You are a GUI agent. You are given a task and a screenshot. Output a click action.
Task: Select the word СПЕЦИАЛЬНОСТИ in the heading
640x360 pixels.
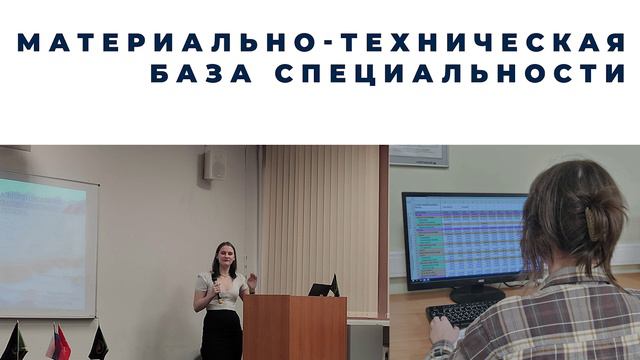450,74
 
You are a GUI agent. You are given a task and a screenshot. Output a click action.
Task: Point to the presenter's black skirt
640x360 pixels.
222,335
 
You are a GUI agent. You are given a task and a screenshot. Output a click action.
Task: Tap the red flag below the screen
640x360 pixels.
61,343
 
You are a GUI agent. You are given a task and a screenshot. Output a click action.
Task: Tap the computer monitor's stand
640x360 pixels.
469,293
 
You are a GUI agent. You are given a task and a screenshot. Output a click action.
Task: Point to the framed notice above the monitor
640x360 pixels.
418,155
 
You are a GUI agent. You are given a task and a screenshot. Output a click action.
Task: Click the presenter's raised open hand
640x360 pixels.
251,279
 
